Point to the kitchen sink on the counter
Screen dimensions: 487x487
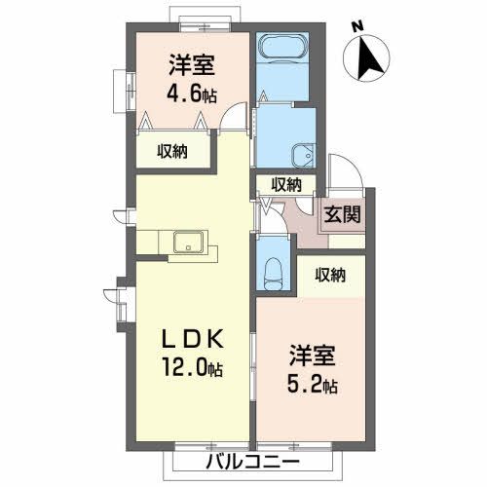click(187, 243)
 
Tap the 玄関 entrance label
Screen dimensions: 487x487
click(343, 212)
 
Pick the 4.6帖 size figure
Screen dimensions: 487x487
click(191, 96)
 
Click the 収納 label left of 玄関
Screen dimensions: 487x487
click(286, 184)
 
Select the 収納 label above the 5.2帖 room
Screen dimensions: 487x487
click(331, 276)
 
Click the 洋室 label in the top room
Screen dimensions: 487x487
click(191, 65)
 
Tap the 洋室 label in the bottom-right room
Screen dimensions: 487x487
click(312, 354)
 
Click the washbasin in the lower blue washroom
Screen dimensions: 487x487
click(303, 154)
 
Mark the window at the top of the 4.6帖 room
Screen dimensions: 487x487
click(202, 15)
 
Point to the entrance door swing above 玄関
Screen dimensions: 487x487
click(341, 175)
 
